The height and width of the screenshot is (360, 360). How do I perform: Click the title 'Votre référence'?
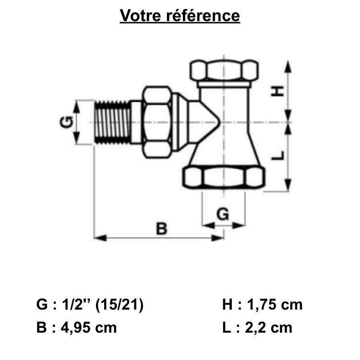[x=180, y=16]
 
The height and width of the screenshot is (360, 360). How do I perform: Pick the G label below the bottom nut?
[x=223, y=215]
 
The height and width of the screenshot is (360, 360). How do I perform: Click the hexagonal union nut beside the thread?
[x=157, y=122]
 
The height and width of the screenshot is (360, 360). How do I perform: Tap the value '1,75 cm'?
[x=275, y=305]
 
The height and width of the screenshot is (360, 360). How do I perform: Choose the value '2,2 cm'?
[x=269, y=328]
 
